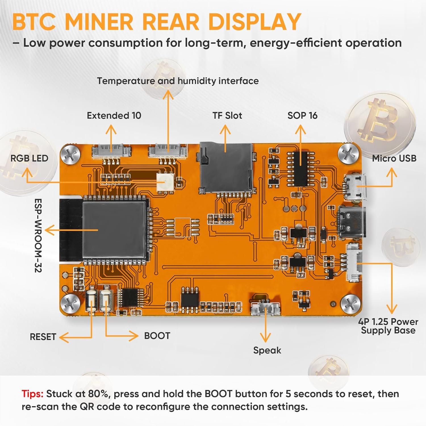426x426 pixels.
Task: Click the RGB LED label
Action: (x=29, y=158)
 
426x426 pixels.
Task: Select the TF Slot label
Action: (x=227, y=116)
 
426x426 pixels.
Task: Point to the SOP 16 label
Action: (x=302, y=116)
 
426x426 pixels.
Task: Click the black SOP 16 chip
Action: (x=301, y=168)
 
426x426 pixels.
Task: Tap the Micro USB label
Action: (x=394, y=158)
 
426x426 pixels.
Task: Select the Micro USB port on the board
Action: (x=356, y=187)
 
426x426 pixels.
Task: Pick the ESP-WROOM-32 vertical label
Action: (x=38, y=235)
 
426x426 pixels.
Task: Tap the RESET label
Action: (x=43, y=337)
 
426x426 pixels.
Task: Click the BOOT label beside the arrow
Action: (x=157, y=336)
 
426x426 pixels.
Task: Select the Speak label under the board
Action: (x=267, y=350)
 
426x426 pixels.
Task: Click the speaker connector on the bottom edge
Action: (x=266, y=308)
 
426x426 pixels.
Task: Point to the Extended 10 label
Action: (x=114, y=116)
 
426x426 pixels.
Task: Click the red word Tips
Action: (x=32, y=394)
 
